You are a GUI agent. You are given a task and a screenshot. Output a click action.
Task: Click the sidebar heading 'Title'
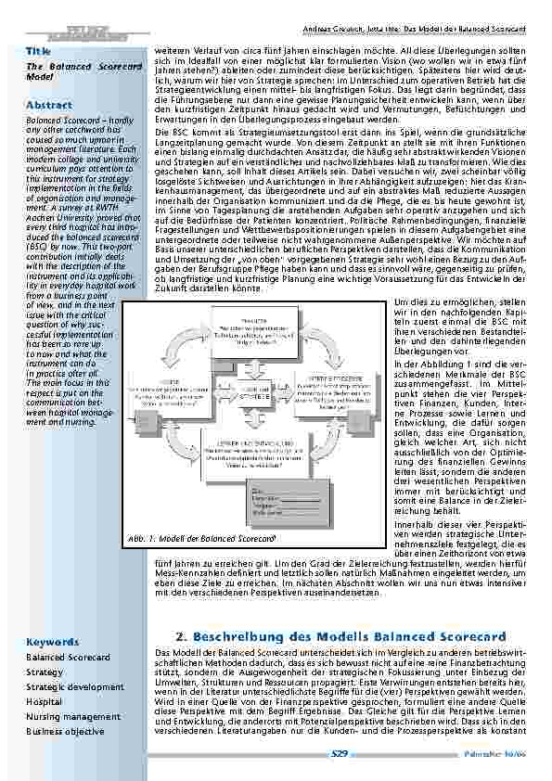[38, 48]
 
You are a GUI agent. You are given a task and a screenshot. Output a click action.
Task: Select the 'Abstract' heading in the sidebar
[48, 105]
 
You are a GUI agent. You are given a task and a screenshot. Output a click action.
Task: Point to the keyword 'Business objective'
[66, 705]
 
